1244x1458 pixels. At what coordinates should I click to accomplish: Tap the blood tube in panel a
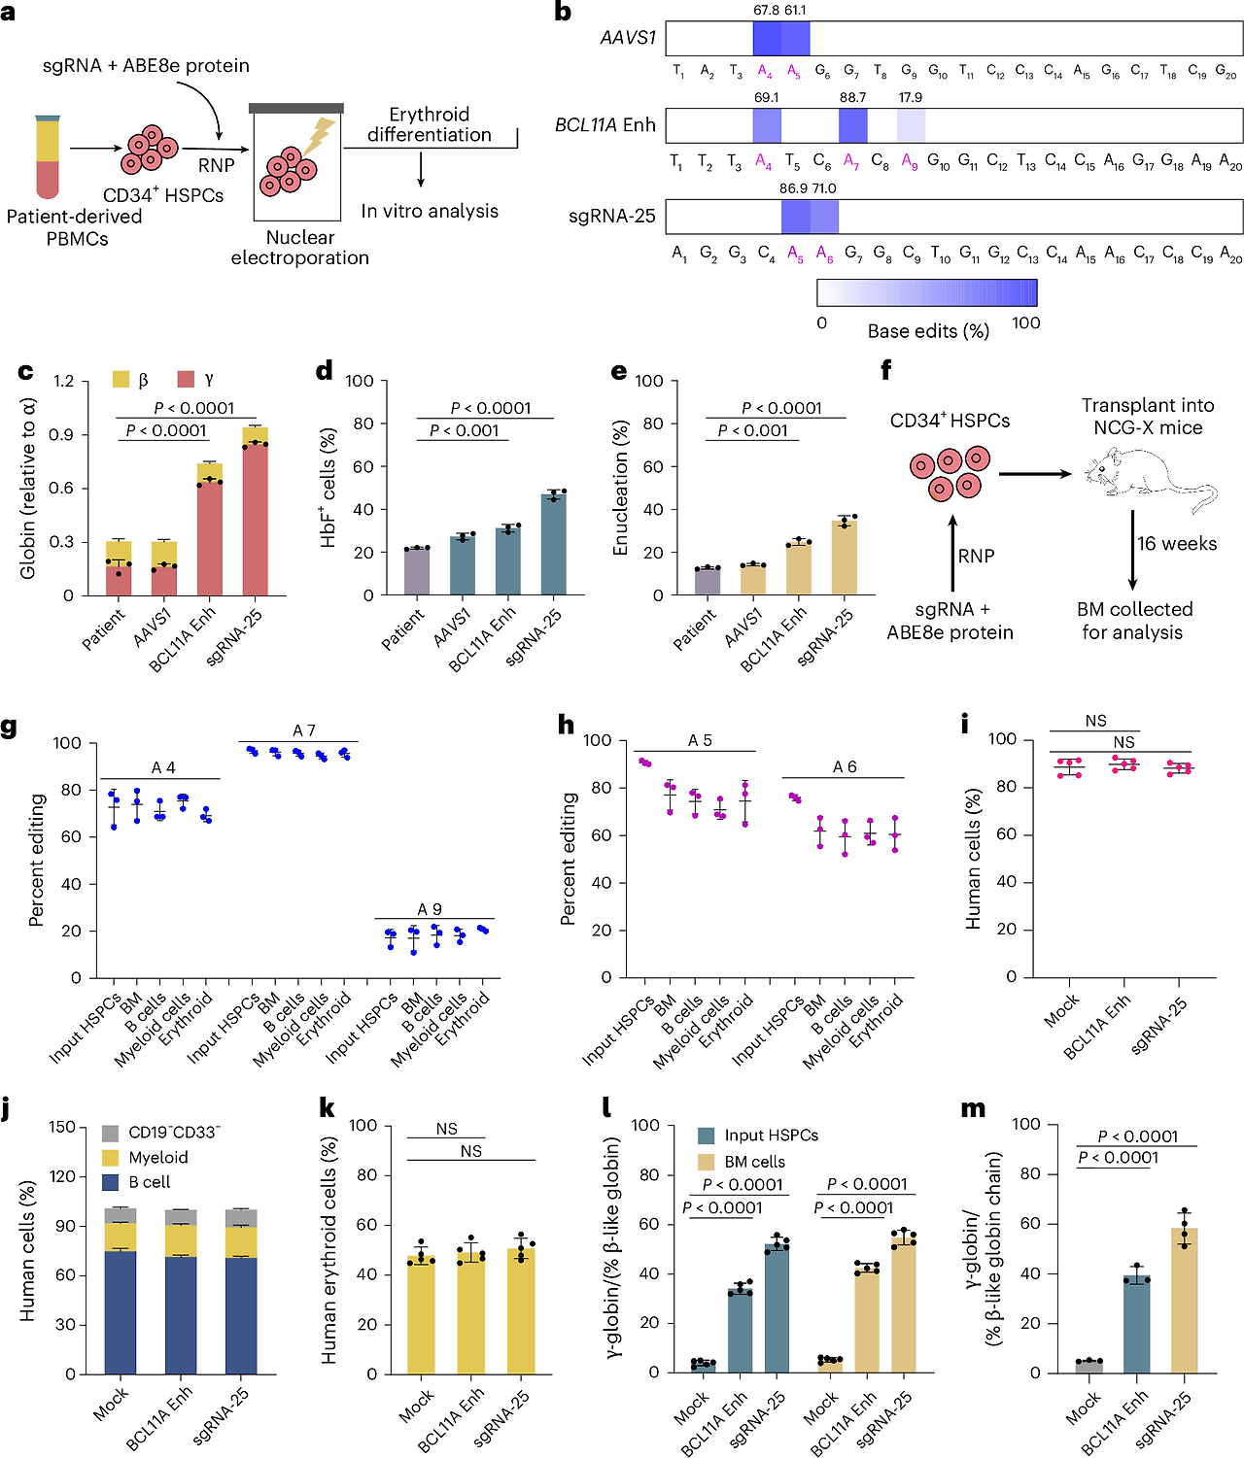(x=48, y=156)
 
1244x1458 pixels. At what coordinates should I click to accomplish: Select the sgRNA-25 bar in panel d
(x=553, y=544)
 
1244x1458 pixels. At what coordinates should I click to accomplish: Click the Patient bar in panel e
(x=707, y=581)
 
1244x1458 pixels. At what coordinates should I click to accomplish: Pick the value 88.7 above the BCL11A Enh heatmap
(x=852, y=97)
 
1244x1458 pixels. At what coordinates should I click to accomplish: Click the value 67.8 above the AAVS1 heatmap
(x=766, y=10)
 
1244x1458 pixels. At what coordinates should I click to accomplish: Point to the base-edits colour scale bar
(x=926, y=292)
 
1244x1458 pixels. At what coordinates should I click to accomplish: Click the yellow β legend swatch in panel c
(x=121, y=380)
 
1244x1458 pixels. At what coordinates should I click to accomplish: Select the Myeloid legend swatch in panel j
(x=111, y=1157)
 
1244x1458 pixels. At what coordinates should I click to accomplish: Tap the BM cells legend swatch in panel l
(x=707, y=1161)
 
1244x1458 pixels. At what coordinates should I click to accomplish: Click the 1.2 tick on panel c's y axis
(x=63, y=381)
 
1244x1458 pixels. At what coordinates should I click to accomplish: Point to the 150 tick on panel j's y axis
(x=62, y=1127)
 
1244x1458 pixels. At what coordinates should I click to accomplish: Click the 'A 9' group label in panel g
(x=430, y=908)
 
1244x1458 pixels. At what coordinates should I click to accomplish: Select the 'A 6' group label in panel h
(x=844, y=766)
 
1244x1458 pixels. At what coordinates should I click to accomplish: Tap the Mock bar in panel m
(x=1089, y=1367)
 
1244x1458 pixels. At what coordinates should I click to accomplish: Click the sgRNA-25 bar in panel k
(x=522, y=1311)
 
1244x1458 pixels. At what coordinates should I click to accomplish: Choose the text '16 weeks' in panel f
(x=1177, y=544)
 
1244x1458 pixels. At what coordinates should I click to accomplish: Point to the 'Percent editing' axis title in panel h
(x=569, y=859)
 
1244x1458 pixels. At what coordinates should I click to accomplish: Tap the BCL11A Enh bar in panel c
(x=210, y=529)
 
